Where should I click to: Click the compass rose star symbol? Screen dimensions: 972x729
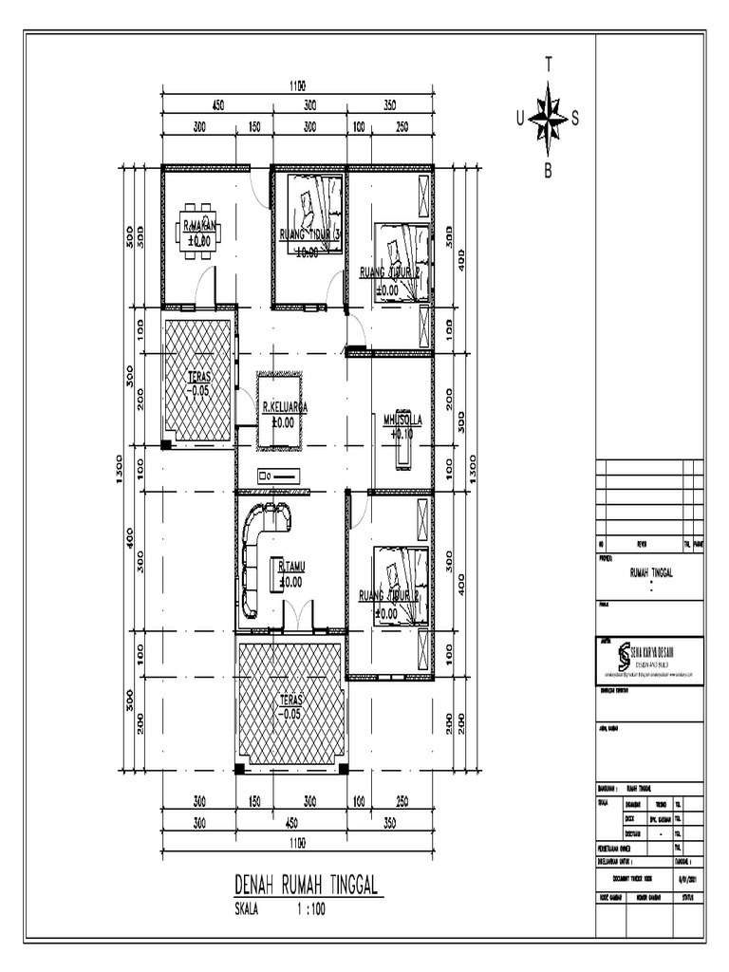(547, 119)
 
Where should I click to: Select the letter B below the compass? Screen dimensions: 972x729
(548, 171)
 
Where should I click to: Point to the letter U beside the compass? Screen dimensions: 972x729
(518, 119)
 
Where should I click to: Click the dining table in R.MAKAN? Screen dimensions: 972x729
(199, 230)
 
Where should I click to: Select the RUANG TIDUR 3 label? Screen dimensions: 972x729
(309, 234)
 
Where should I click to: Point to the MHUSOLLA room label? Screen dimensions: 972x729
(402, 418)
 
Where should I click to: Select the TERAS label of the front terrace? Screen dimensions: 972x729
(290, 700)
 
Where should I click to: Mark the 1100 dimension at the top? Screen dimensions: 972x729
(296, 85)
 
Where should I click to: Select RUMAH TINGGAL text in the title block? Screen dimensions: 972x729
(650, 573)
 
